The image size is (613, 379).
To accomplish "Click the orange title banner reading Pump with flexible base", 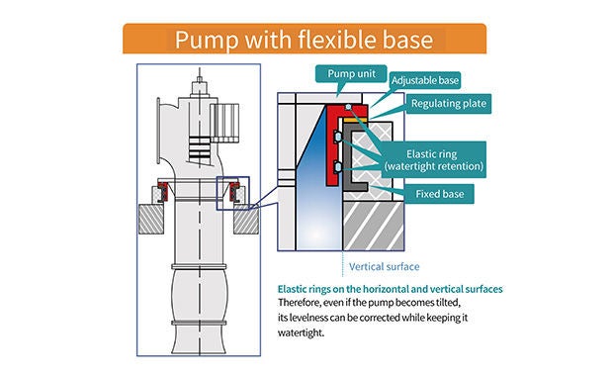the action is (x=305, y=39).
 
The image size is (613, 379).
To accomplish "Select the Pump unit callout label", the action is (x=351, y=73).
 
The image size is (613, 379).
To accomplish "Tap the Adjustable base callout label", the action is (x=424, y=80).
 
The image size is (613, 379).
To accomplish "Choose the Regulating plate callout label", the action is (x=449, y=104).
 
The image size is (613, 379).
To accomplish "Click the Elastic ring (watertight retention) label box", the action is (x=434, y=159).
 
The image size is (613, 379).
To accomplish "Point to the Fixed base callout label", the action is (x=439, y=194).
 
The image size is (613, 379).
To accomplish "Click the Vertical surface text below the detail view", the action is (x=385, y=267).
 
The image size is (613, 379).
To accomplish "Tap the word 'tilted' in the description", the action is (x=446, y=303).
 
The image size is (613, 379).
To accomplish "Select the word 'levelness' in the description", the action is (x=308, y=318).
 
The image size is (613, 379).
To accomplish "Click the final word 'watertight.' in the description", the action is (x=301, y=333).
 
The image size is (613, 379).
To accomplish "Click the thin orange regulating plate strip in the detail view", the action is (x=355, y=120).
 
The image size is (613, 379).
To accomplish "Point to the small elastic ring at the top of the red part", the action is (x=348, y=107).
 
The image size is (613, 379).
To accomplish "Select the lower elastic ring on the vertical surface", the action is (x=338, y=167).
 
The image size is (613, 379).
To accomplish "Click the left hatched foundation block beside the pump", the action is (x=151, y=219).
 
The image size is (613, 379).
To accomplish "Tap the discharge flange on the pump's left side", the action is (x=158, y=131).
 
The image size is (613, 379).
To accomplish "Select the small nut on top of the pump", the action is (x=200, y=80).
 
